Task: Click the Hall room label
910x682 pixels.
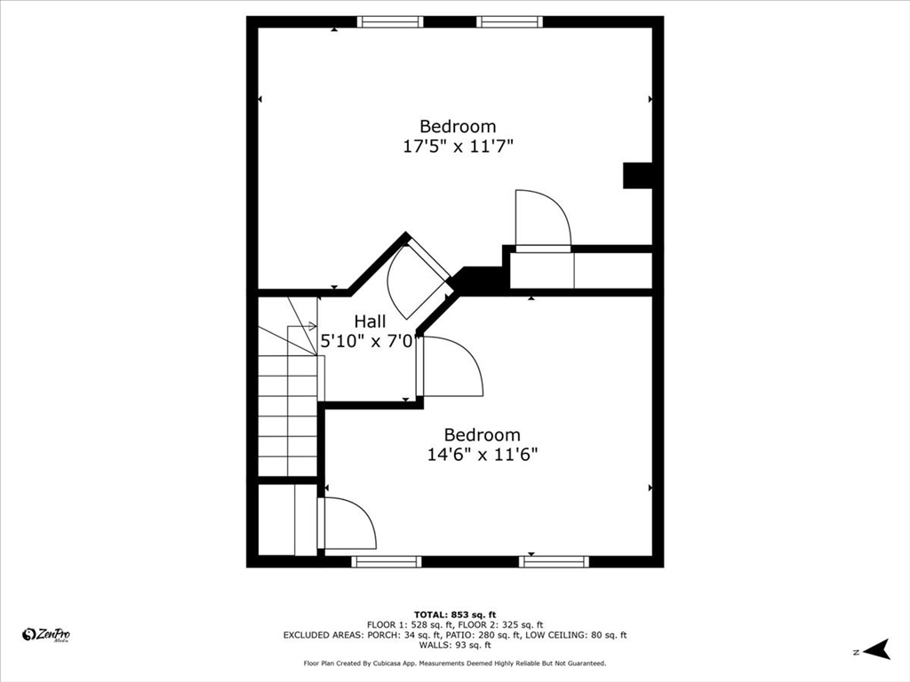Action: click(x=370, y=321)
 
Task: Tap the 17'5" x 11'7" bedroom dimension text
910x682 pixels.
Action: click(x=458, y=146)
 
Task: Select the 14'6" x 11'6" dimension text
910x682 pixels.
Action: click(x=483, y=455)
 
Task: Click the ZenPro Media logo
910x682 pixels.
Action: click(x=46, y=634)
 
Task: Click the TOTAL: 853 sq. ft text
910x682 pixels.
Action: click(x=455, y=615)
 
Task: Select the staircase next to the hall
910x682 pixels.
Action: click(x=288, y=400)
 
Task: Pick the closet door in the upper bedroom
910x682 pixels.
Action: click(x=541, y=219)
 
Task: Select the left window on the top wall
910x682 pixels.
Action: click(x=390, y=22)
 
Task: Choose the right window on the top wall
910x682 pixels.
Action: click(x=509, y=22)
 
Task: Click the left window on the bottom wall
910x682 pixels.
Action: click(x=386, y=561)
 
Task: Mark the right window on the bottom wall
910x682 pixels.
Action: click(x=554, y=561)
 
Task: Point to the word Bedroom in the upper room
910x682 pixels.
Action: click(x=458, y=126)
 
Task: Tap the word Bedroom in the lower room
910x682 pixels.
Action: click(x=483, y=435)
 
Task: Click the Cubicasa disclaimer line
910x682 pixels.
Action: click(x=455, y=663)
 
